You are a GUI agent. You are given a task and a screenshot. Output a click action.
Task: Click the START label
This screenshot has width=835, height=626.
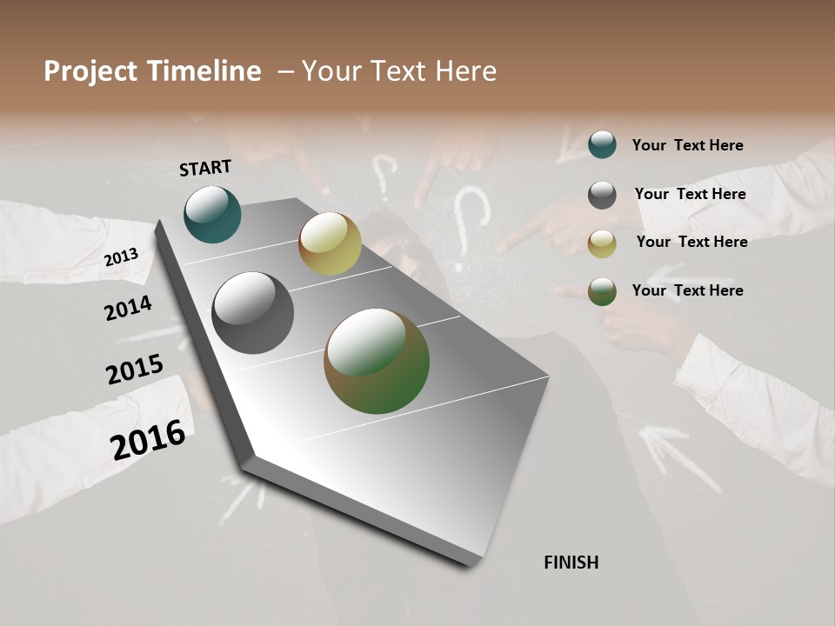[205, 168]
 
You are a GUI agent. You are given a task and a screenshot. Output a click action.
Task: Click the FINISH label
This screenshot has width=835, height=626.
[571, 563]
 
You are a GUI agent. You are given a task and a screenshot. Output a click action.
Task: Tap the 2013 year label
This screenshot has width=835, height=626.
[121, 257]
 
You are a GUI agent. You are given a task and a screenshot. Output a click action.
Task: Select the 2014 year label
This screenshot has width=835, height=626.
[128, 308]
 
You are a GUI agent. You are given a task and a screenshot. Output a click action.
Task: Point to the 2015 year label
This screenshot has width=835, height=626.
[135, 370]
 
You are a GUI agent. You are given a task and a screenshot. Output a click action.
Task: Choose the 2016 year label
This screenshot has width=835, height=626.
[148, 440]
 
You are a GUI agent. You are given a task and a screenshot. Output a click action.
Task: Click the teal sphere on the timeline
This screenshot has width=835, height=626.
[212, 214]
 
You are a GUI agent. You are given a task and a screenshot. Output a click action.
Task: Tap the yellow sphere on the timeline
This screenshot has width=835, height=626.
[330, 243]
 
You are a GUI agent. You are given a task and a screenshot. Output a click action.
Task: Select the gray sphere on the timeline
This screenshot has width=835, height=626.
[252, 312]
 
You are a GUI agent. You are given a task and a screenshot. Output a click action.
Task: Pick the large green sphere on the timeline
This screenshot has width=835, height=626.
[377, 361]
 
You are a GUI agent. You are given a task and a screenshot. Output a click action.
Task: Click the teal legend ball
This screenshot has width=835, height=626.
[602, 144]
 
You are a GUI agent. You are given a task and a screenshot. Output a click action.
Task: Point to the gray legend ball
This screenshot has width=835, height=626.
[602, 195]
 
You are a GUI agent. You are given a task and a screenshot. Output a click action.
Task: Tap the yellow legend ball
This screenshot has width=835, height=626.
[602, 243]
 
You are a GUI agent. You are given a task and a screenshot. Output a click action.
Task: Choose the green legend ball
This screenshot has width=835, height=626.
[602, 291]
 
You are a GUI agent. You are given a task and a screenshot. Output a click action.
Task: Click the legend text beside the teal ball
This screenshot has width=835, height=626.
[687, 146]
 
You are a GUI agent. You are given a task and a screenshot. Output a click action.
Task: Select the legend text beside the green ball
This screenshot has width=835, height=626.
[687, 290]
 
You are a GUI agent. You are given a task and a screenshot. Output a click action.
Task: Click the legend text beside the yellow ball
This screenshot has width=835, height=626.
[691, 242]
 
